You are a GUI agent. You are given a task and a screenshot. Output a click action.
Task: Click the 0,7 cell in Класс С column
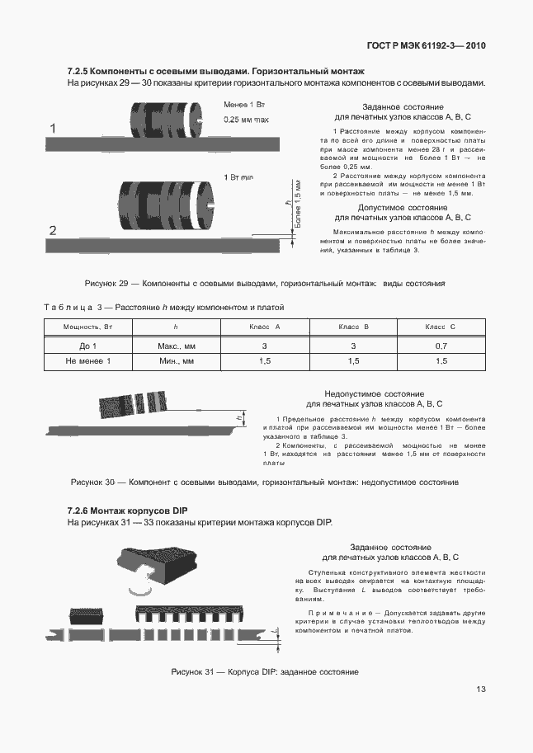441,346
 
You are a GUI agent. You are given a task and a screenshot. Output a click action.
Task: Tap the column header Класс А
264,327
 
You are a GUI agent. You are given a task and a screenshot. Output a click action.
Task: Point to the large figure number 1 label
53,129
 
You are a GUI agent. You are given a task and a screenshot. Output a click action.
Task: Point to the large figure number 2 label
53,230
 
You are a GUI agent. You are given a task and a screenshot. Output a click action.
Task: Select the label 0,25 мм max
247,120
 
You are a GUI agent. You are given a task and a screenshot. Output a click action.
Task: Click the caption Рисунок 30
264,482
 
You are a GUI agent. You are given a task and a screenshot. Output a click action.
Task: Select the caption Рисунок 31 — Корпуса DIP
264,672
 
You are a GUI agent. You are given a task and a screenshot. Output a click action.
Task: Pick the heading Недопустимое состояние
375,393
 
